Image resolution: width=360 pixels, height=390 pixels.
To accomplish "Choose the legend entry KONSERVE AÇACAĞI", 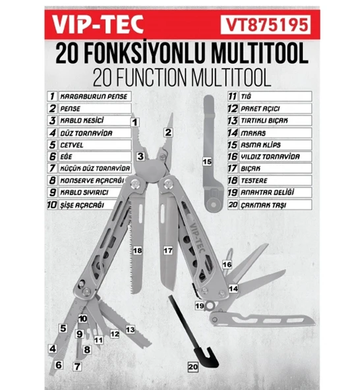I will [91, 181].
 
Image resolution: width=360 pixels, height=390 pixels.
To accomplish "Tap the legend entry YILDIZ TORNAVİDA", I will [273, 157].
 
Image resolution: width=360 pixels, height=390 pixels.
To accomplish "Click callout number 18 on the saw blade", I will [137, 251].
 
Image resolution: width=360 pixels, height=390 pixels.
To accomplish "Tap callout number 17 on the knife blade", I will [168, 251].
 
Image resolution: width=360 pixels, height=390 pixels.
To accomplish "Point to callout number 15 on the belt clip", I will [206, 160].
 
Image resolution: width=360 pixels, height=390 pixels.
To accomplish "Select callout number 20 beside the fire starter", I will [193, 366].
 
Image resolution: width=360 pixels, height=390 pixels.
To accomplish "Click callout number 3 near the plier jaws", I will [140, 156].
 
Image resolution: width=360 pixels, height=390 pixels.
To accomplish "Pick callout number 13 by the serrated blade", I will [131, 329].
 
